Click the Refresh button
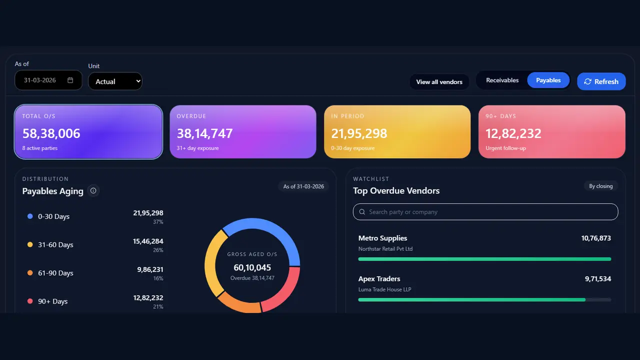coord(601,81)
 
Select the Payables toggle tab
coord(548,80)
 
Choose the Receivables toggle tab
coord(502,80)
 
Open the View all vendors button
coord(439,82)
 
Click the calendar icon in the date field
coord(70,80)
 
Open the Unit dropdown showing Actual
coord(115,81)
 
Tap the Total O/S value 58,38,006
coord(51,133)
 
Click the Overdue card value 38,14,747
coord(204,133)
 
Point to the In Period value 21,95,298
coord(359,133)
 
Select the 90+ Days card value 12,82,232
coord(513,133)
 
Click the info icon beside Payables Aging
coord(93,190)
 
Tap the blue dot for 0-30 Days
coord(30,216)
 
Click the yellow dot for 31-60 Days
coord(30,244)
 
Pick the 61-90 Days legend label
coord(55,273)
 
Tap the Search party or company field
coord(485,211)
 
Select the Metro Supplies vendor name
coord(382,238)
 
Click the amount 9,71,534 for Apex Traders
coord(597,278)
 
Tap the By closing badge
coord(600,186)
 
